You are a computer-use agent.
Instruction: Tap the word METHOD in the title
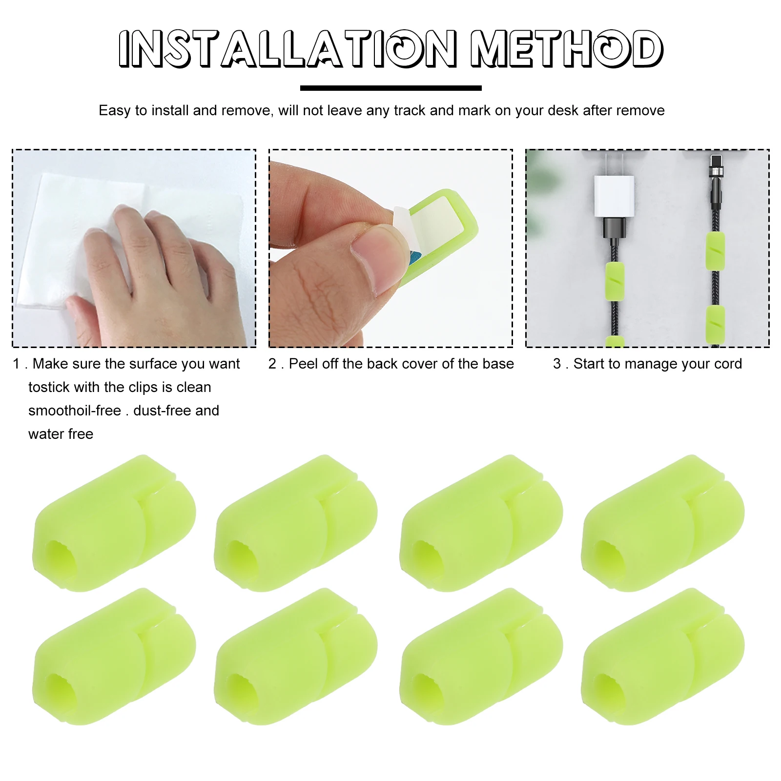click(566, 48)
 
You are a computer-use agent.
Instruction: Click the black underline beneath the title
click(390, 88)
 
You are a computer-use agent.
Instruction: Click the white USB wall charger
click(614, 196)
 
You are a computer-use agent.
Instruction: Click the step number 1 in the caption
click(16, 364)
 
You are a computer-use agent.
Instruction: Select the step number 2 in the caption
click(272, 364)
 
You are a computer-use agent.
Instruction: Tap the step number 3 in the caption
click(557, 364)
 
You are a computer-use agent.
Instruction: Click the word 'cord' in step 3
click(727, 364)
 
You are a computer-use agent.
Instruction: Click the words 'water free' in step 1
click(61, 434)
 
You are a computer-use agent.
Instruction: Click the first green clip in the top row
click(114, 523)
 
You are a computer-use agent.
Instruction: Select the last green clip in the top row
click(662, 523)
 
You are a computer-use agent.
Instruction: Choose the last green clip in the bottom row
click(662, 656)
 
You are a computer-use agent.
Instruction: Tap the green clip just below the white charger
click(615, 281)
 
